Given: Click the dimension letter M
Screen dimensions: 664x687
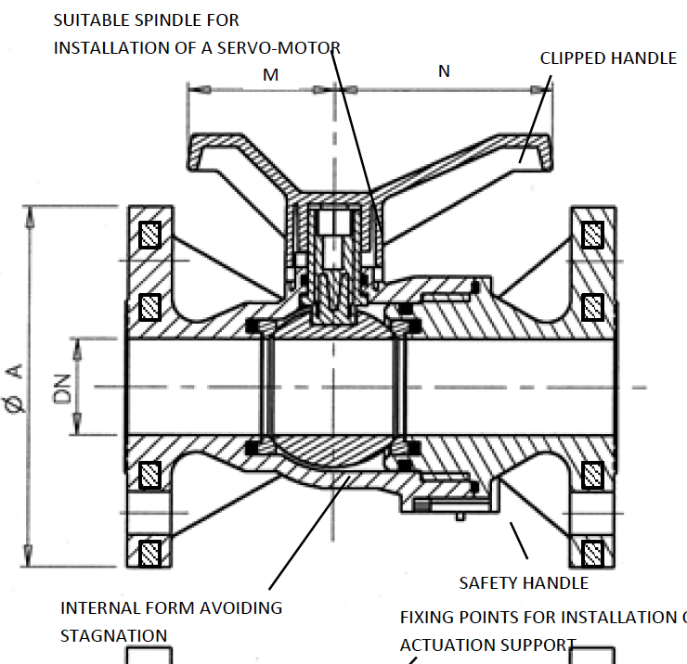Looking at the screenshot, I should (x=270, y=75).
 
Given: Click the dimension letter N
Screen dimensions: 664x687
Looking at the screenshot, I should (x=444, y=71).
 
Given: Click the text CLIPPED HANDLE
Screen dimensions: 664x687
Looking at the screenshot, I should (x=608, y=58).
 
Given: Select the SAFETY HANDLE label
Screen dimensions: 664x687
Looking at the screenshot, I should (x=524, y=583).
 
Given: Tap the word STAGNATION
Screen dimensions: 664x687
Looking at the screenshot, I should (x=114, y=635).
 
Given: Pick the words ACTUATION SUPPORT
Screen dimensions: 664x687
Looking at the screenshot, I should (x=488, y=645).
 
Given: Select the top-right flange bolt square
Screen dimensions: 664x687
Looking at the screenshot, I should (x=591, y=235).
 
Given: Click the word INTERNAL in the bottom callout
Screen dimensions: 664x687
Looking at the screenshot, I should (x=99, y=608).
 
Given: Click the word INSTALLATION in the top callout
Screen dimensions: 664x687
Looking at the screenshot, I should (x=123, y=47).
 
